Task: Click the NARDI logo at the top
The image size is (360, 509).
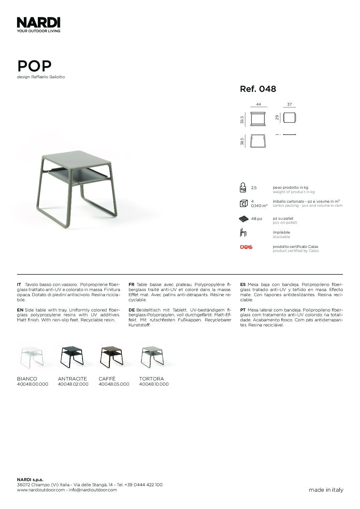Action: (x=38, y=23)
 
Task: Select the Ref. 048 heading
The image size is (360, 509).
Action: (x=258, y=89)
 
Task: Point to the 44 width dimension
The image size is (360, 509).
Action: (x=258, y=105)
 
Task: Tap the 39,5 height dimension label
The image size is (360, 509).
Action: (x=242, y=120)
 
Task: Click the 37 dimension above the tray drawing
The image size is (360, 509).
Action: (x=289, y=105)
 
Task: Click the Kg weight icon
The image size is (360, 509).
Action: (x=243, y=188)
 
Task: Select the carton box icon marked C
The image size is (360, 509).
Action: (x=243, y=204)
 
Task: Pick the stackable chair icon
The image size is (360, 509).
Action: (x=243, y=233)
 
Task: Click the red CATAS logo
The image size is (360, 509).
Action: (x=246, y=247)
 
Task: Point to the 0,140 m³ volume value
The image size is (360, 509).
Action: (x=259, y=206)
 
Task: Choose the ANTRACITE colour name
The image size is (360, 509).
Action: (x=72, y=379)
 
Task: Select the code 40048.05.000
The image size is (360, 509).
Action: (x=114, y=384)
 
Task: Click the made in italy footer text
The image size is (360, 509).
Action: (x=326, y=490)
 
